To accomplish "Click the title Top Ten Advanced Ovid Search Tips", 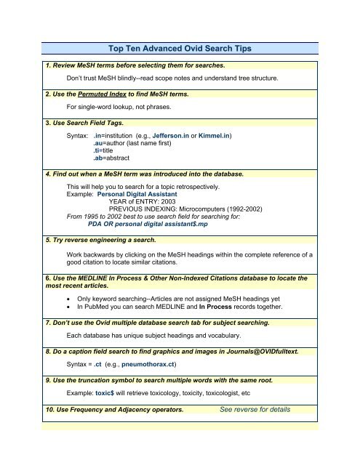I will (179, 49).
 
